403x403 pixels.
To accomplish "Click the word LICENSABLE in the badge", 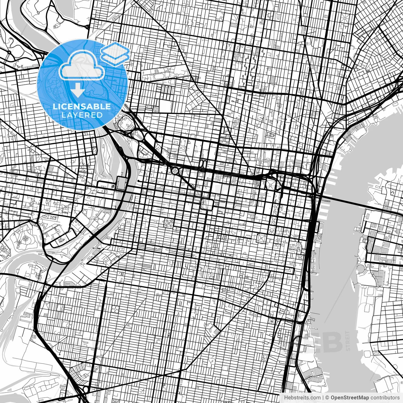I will (82, 106).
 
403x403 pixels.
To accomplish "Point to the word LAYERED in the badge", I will (82, 115).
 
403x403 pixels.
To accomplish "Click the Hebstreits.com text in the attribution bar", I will (302, 398).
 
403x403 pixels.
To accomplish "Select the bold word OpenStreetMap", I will (350, 398).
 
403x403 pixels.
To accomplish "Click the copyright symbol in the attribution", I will (327, 398).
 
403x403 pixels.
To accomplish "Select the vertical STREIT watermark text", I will (348, 340).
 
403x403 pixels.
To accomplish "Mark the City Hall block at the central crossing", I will (207, 204).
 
